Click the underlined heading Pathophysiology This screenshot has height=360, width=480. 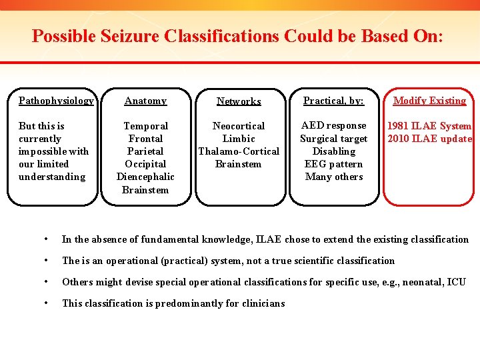[x=56, y=101]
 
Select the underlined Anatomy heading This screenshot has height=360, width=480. [x=145, y=101]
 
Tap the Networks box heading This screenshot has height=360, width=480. [x=239, y=101]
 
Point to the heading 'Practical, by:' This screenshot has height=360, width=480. [x=333, y=101]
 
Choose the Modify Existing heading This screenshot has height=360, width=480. [x=429, y=101]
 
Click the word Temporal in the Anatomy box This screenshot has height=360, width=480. [x=145, y=126]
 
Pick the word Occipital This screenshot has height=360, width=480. [x=145, y=164]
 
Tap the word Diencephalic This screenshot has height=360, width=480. [x=145, y=177]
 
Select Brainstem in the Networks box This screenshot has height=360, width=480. [x=239, y=164]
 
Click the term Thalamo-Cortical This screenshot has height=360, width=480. [x=239, y=151]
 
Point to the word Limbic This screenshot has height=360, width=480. [x=239, y=139]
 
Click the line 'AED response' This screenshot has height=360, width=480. [x=333, y=125]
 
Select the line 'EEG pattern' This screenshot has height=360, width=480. [x=333, y=164]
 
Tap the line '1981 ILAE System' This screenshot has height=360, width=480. [x=429, y=126]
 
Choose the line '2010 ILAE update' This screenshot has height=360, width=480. [x=429, y=139]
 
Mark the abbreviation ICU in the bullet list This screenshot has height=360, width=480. [x=456, y=282]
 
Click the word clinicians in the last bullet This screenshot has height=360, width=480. [x=260, y=303]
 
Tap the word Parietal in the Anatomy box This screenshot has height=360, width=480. [x=145, y=151]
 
